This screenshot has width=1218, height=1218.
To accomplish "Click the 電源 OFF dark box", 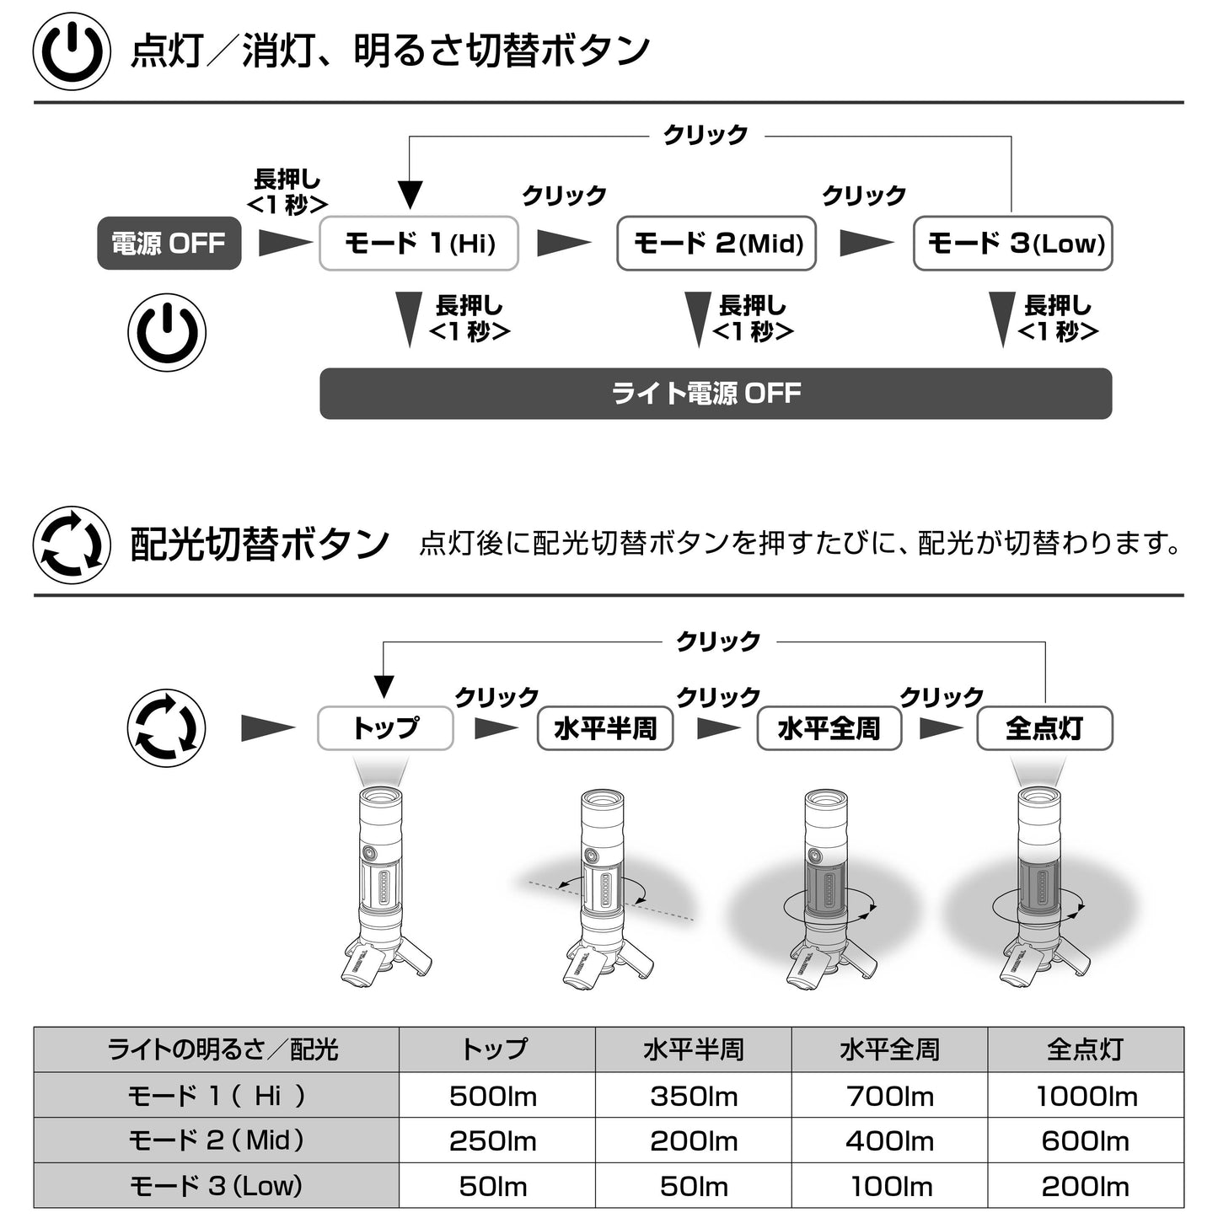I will (x=169, y=244).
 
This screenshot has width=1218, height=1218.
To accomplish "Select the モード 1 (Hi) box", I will (x=418, y=244).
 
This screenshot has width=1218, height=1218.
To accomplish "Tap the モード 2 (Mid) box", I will (x=716, y=244).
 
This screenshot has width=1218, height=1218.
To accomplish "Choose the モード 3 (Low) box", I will (x=1013, y=244).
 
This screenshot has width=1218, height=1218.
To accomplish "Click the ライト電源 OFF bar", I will (x=716, y=394).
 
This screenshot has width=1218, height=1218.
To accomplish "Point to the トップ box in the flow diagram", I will (x=385, y=728).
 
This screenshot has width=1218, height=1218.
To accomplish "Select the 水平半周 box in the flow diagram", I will (x=605, y=728).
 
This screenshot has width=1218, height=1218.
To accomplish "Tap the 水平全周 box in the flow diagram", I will (x=829, y=728).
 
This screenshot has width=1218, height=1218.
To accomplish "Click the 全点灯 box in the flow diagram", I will (x=1044, y=728).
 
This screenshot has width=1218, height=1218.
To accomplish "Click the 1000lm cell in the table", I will (x=1086, y=1096).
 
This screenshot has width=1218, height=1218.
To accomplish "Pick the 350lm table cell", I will (x=693, y=1096).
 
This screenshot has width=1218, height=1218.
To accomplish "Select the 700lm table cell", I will (x=889, y=1096).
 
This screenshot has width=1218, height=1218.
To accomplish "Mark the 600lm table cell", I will (x=1086, y=1140).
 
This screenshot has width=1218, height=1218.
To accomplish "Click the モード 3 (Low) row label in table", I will (x=216, y=1186).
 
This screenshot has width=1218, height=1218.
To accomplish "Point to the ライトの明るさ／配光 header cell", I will (x=216, y=1049).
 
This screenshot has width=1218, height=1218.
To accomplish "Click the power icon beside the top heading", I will (x=72, y=51).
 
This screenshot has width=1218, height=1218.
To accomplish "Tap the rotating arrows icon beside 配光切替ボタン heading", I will (x=72, y=545).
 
